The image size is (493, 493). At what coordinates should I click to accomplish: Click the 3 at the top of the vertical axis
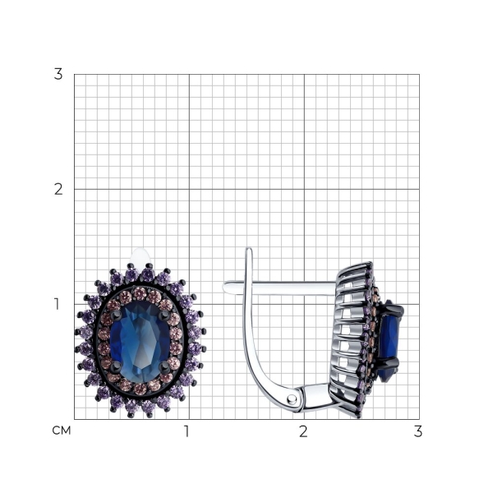[58, 74]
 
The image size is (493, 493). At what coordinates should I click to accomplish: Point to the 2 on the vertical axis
[58, 189]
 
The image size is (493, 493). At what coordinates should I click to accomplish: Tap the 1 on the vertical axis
[57, 304]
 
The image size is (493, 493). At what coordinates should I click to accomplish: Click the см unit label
[62, 431]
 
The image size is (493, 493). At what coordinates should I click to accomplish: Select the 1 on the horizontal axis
[187, 431]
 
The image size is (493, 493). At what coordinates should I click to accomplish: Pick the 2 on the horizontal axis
[303, 431]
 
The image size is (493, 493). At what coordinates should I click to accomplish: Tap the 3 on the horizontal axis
[418, 431]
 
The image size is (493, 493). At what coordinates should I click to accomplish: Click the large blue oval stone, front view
[141, 341]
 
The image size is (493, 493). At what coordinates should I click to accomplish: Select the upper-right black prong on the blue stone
[164, 316]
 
